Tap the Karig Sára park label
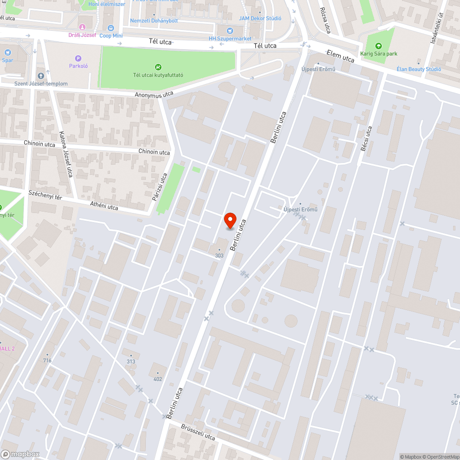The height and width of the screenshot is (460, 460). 379,54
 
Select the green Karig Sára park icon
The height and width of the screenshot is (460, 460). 378,46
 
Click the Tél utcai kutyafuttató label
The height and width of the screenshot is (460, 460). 158,75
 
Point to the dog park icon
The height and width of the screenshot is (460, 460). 158,67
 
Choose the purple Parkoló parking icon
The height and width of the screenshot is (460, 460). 78,58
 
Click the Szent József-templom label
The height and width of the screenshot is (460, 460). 41,84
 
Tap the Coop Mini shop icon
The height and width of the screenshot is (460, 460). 110,28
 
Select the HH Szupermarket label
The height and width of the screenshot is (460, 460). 230,39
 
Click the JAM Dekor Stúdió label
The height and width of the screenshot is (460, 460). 260,18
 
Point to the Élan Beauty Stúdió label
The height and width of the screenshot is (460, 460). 419,69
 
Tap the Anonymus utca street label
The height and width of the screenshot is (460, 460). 154,94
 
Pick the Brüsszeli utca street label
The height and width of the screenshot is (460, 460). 198,432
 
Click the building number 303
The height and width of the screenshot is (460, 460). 219,255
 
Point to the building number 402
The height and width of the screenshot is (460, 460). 158,379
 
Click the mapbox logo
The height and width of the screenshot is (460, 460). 21,454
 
